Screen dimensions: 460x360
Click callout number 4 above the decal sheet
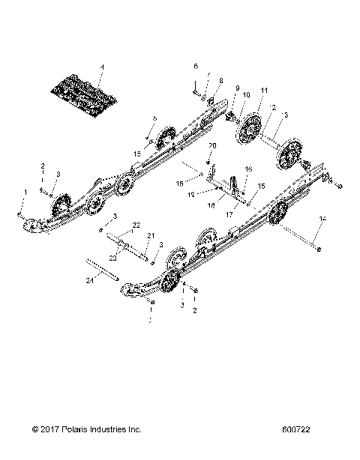click(x=103, y=68)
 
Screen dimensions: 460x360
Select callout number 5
click(x=155, y=118)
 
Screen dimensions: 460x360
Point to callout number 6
click(x=196, y=66)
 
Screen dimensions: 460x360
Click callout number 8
click(x=220, y=81)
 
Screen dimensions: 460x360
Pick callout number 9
click(x=237, y=88)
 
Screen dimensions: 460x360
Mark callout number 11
click(x=263, y=91)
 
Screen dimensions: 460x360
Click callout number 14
click(x=323, y=218)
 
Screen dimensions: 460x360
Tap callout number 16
click(x=249, y=170)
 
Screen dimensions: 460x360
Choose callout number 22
click(x=136, y=225)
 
